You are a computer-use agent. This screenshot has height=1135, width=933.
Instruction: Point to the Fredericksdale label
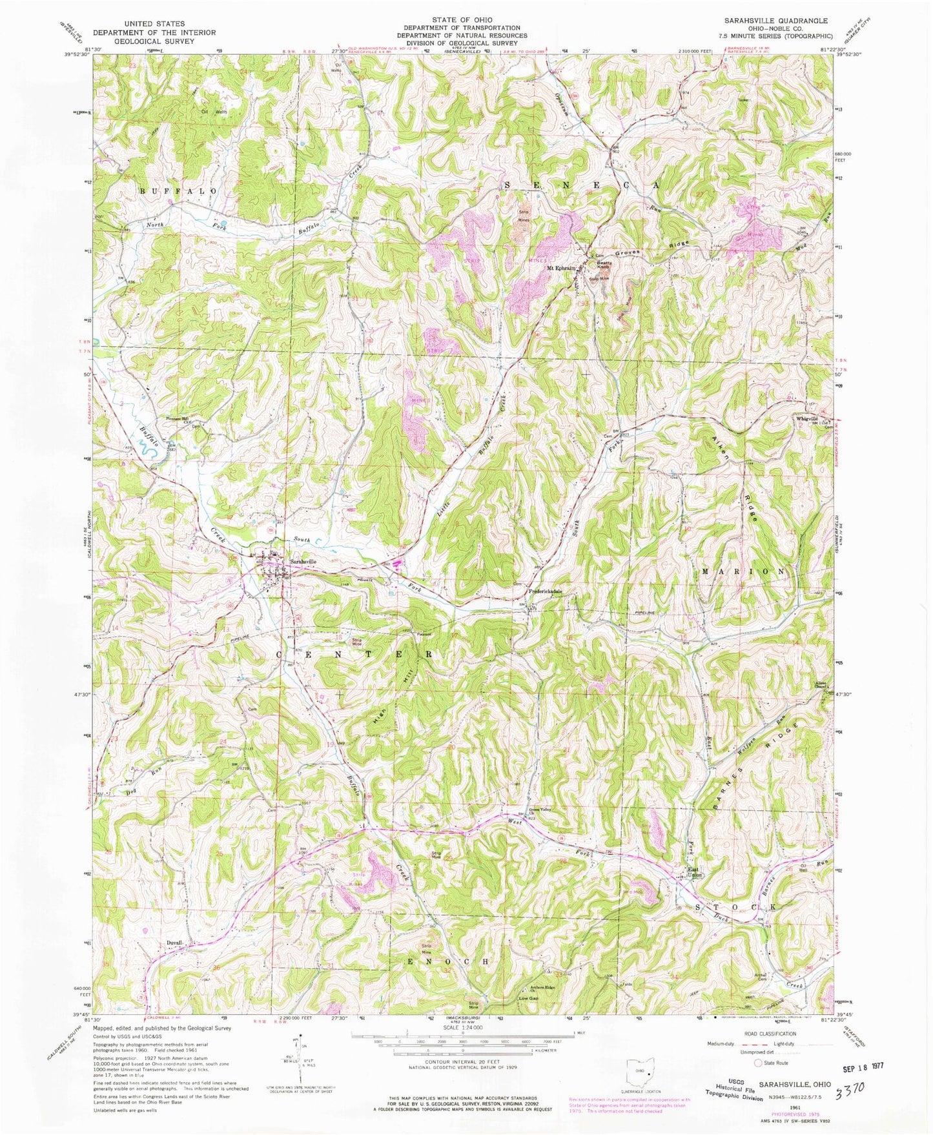[x=546, y=591]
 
